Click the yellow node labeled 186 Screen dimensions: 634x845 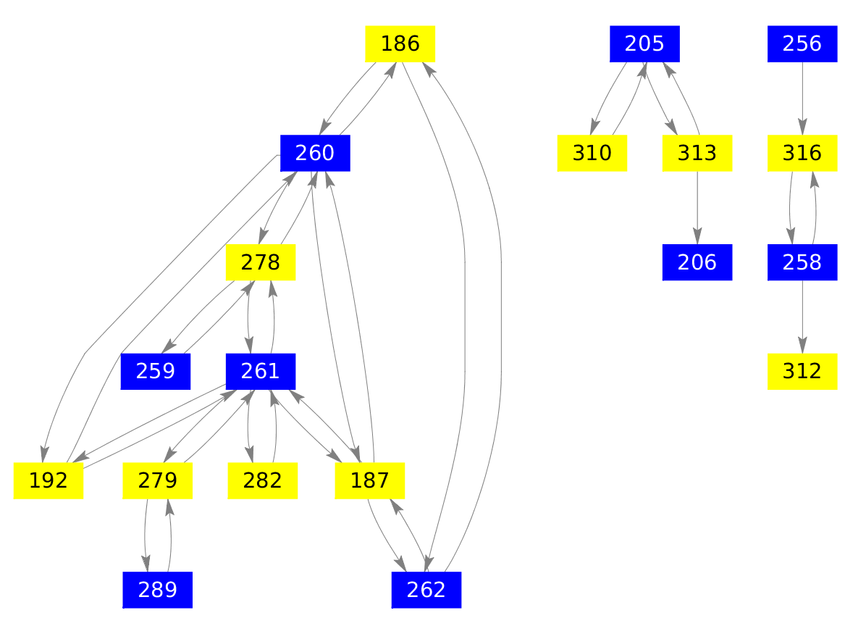point(400,43)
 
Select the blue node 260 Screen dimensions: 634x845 point(315,153)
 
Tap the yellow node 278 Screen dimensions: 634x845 point(261,262)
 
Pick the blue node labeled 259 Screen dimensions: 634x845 point(155,371)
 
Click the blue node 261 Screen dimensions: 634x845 point(261,371)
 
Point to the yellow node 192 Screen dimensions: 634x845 point(49,480)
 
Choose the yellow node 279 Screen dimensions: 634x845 point(157,480)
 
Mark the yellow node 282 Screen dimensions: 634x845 point(262,480)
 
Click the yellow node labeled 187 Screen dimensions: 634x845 point(369,480)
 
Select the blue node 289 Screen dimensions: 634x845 point(157,589)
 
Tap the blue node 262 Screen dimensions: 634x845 point(426,589)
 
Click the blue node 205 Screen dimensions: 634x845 point(644,43)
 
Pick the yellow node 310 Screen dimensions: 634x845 point(592,153)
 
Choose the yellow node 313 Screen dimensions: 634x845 point(697,153)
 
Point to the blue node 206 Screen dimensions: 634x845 point(697,262)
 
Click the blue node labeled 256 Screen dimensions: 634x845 point(802,43)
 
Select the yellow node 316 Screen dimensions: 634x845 point(802,153)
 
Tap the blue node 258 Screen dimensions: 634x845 point(802,262)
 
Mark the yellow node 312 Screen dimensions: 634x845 point(802,371)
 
